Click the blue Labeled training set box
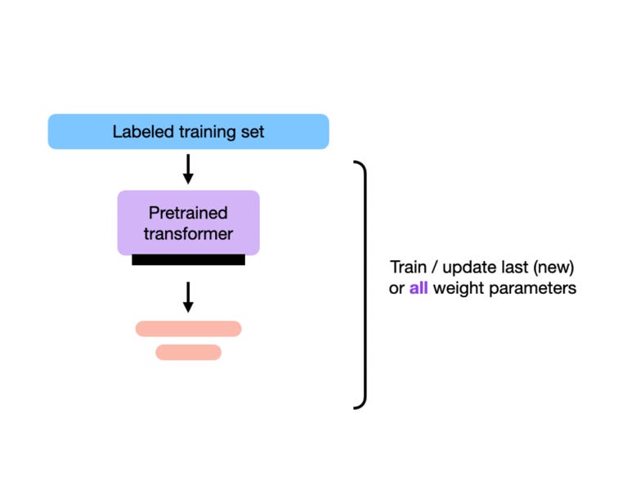(188, 132)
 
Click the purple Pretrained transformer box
(188, 223)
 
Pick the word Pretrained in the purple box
(188, 213)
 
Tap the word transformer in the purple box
(188, 234)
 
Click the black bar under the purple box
(188, 259)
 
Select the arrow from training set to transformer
(188, 169)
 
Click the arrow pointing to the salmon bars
(188, 297)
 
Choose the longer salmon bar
(188, 329)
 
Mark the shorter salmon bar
(188, 353)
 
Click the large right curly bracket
(361, 285)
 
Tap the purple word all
(419, 288)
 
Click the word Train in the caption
(408, 268)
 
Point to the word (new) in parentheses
(549, 268)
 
